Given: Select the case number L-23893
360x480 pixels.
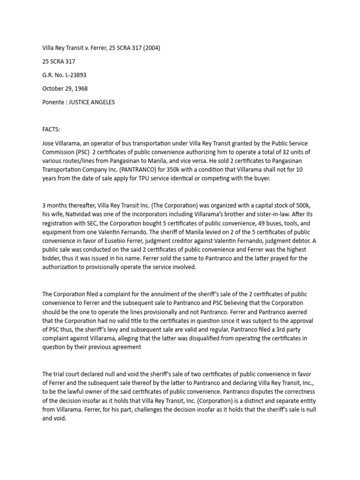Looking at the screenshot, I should coord(75,75).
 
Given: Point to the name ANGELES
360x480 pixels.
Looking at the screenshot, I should coord(104,102).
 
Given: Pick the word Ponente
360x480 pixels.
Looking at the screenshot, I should coord(53,102).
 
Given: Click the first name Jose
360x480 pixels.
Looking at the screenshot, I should coord(49,142).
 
